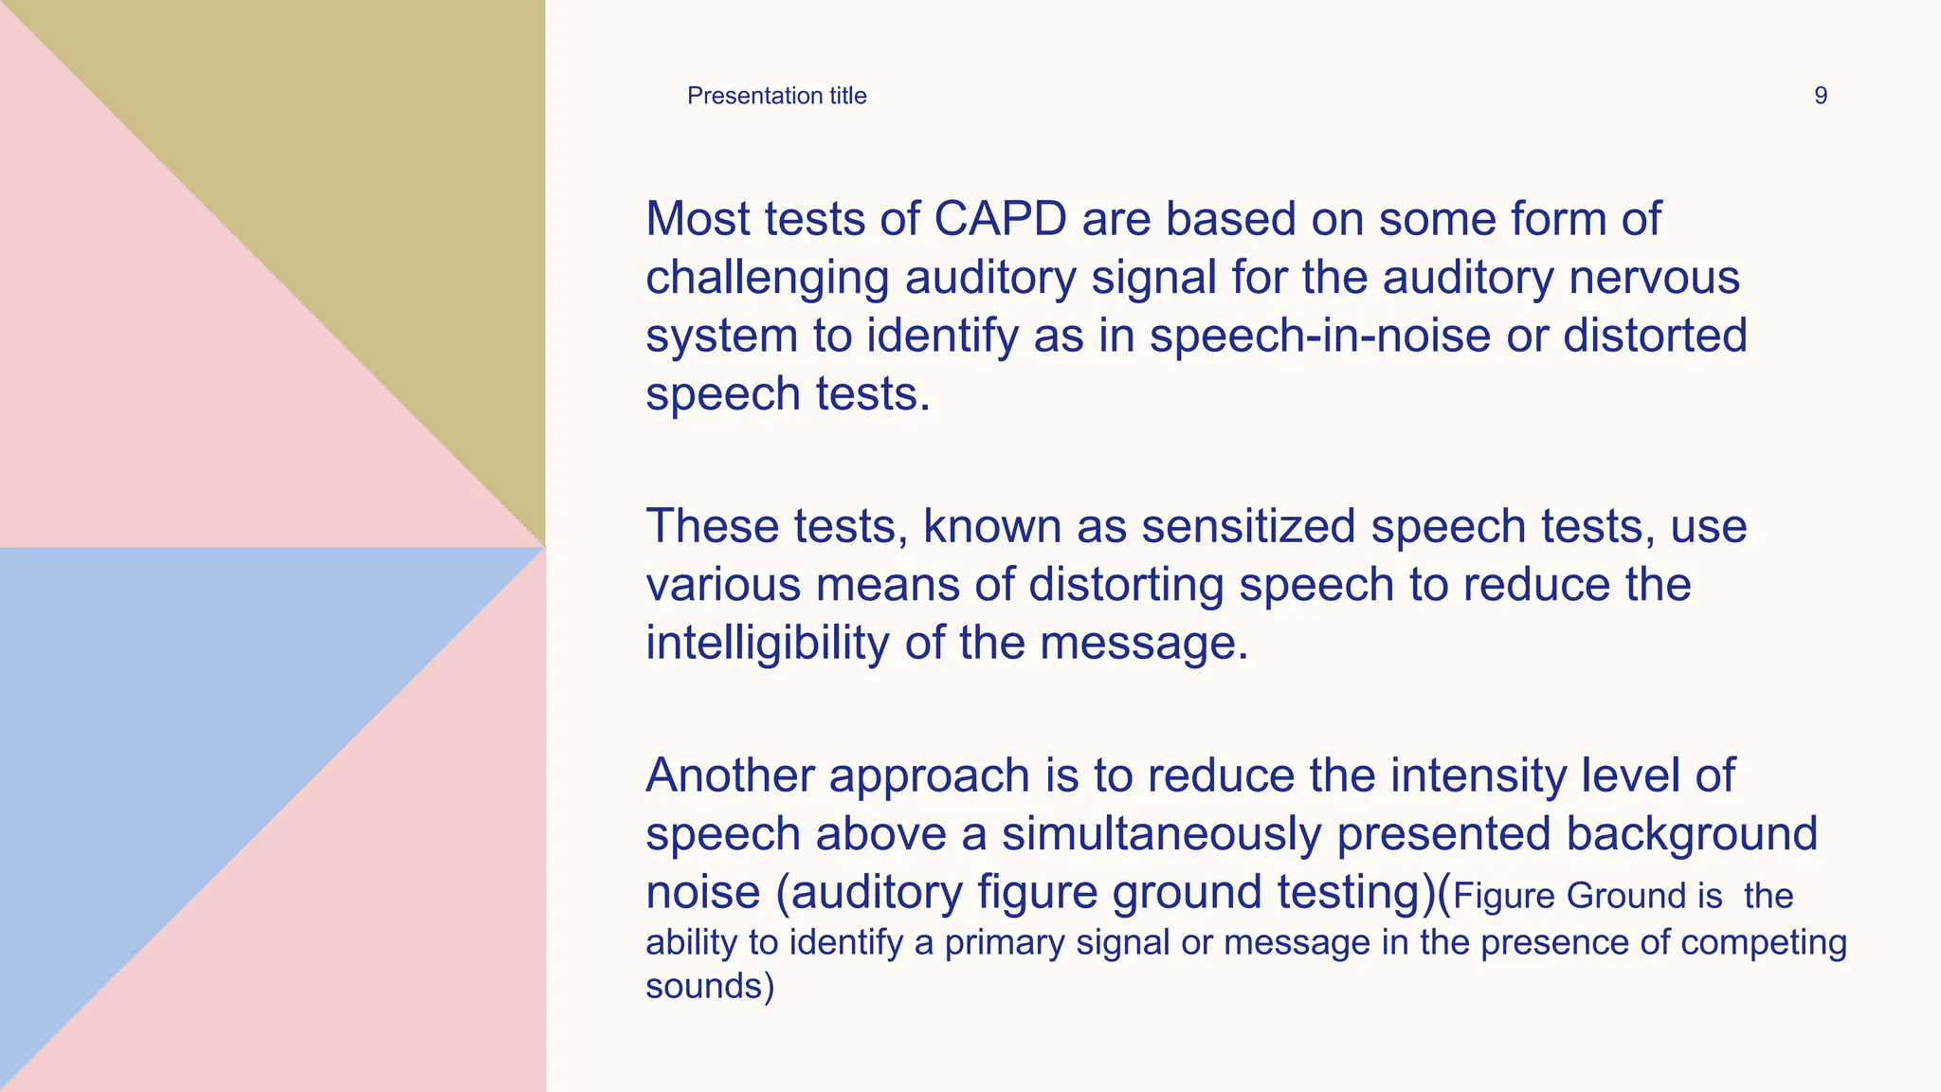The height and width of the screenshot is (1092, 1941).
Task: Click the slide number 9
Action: coord(1820,96)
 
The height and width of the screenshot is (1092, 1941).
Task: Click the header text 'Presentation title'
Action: coord(776,96)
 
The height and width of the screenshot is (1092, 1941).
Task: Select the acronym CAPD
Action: coord(1000,219)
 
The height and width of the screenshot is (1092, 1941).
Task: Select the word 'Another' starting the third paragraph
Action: coord(730,775)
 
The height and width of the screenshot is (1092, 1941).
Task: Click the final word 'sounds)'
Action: coord(710,987)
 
